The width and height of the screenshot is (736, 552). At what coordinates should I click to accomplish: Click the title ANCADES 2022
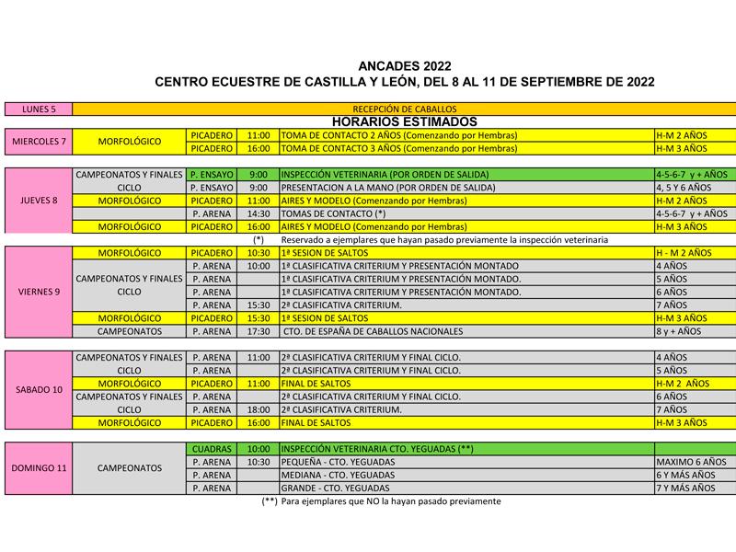tap(405, 66)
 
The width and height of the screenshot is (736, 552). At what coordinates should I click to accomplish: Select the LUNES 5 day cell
tap(38, 109)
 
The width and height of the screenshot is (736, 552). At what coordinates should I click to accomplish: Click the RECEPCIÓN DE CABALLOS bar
tap(404, 109)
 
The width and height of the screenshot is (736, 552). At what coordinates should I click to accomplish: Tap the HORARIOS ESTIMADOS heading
tap(404, 121)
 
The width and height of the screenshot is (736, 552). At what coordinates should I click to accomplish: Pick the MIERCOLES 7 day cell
tap(38, 142)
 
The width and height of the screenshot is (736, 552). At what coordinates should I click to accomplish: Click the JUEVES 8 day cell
tap(38, 200)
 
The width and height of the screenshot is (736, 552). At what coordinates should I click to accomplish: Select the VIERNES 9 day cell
tap(38, 292)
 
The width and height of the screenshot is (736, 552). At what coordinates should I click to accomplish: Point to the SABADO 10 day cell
tap(38, 389)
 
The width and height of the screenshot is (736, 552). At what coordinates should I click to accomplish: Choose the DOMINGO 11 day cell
tap(38, 467)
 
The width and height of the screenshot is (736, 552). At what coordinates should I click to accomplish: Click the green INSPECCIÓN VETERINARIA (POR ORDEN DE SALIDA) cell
tap(466, 174)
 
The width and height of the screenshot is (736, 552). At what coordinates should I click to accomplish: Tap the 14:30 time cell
tap(259, 213)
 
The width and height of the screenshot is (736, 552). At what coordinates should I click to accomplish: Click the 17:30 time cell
tap(259, 331)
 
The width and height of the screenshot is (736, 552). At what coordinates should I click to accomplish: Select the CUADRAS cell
tap(212, 448)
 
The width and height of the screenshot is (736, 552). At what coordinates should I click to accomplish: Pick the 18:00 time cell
tap(259, 409)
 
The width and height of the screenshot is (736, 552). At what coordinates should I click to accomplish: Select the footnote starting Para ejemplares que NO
tap(381, 501)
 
